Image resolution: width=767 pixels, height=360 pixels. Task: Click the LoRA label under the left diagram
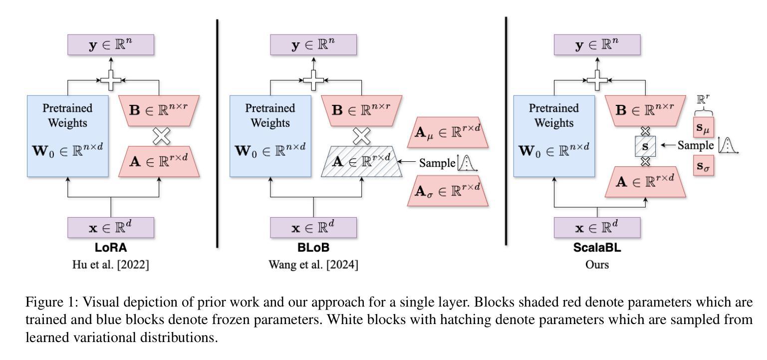[111, 247]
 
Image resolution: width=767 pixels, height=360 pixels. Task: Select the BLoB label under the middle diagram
[313, 247]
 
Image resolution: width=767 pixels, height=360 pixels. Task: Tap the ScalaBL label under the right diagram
[597, 247]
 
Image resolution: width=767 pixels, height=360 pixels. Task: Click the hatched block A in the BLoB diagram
[362, 162]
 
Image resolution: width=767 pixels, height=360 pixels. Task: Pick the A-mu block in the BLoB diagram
[448, 132]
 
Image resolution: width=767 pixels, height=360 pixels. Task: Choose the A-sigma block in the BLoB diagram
[448, 191]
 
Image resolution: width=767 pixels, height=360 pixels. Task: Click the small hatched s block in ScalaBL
[645, 146]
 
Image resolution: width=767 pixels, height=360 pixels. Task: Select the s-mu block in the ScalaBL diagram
[703, 127]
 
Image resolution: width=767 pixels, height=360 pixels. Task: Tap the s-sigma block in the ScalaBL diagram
[703, 165]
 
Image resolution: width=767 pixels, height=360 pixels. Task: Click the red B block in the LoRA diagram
[159, 111]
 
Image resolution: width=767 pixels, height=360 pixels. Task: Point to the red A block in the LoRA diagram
[159, 162]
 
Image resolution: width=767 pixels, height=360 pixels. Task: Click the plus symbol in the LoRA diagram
[111, 80]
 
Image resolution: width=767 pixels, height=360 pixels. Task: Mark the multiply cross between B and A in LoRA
[161, 136]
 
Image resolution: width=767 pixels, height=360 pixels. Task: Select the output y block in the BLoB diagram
[313, 44]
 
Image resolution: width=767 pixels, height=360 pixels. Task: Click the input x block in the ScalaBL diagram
[597, 228]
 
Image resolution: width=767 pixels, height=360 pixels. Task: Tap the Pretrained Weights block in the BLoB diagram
[270, 136]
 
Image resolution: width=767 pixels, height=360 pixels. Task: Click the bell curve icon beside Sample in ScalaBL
[728, 145]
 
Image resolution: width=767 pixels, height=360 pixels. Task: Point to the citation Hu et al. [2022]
[111, 265]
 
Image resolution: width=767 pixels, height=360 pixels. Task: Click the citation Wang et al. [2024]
[313, 265]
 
